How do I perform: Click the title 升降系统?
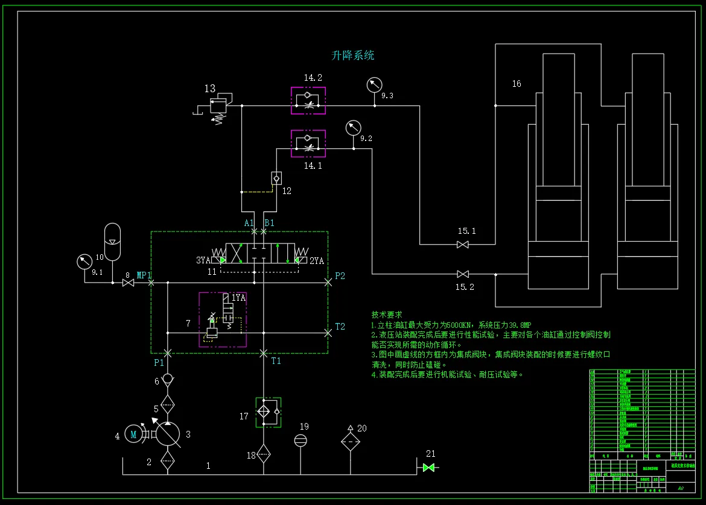coord(353,55)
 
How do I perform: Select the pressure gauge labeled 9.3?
coord(374,85)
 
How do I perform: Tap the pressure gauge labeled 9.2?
coord(353,128)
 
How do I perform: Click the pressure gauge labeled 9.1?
coord(83,262)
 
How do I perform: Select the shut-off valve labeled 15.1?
coord(463,245)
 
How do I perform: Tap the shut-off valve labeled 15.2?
coord(463,274)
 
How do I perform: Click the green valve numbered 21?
coord(429,468)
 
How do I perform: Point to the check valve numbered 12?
coord(276,178)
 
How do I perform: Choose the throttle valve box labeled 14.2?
coord(308,101)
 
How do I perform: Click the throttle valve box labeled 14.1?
coord(308,143)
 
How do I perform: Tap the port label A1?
coord(249,223)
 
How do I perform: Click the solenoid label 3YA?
coord(203,260)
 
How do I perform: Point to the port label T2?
coord(340,327)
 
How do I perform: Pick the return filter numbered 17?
coord(267,412)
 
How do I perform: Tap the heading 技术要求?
coord(387,315)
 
